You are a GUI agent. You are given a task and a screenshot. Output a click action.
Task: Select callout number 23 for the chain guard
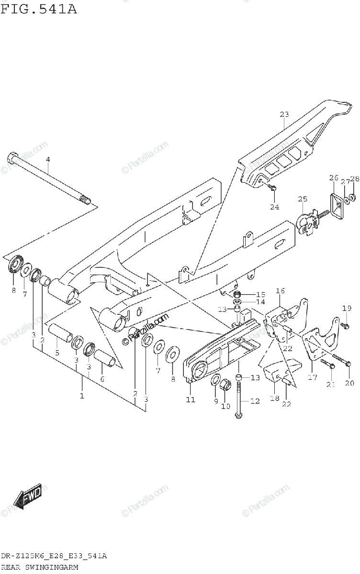(x=284, y=114)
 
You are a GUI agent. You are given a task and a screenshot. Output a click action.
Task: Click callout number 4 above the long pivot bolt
(x=47, y=159)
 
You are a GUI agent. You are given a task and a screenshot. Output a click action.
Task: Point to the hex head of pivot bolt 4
(x=12, y=158)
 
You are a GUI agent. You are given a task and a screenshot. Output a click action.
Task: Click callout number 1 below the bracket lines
(x=82, y=396)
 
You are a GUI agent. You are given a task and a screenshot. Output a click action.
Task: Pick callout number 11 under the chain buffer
(x=191, y=399)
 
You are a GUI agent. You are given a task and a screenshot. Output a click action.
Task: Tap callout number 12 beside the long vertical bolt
(x=255, y=401)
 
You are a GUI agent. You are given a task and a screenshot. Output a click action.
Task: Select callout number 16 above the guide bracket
(x=280, y=291)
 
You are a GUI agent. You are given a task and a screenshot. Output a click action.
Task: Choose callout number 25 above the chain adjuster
(x=302, y=199)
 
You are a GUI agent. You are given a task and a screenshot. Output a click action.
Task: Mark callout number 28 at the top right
(x=354, y=179)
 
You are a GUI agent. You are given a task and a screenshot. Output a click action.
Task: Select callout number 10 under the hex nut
(x=225, y=406)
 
